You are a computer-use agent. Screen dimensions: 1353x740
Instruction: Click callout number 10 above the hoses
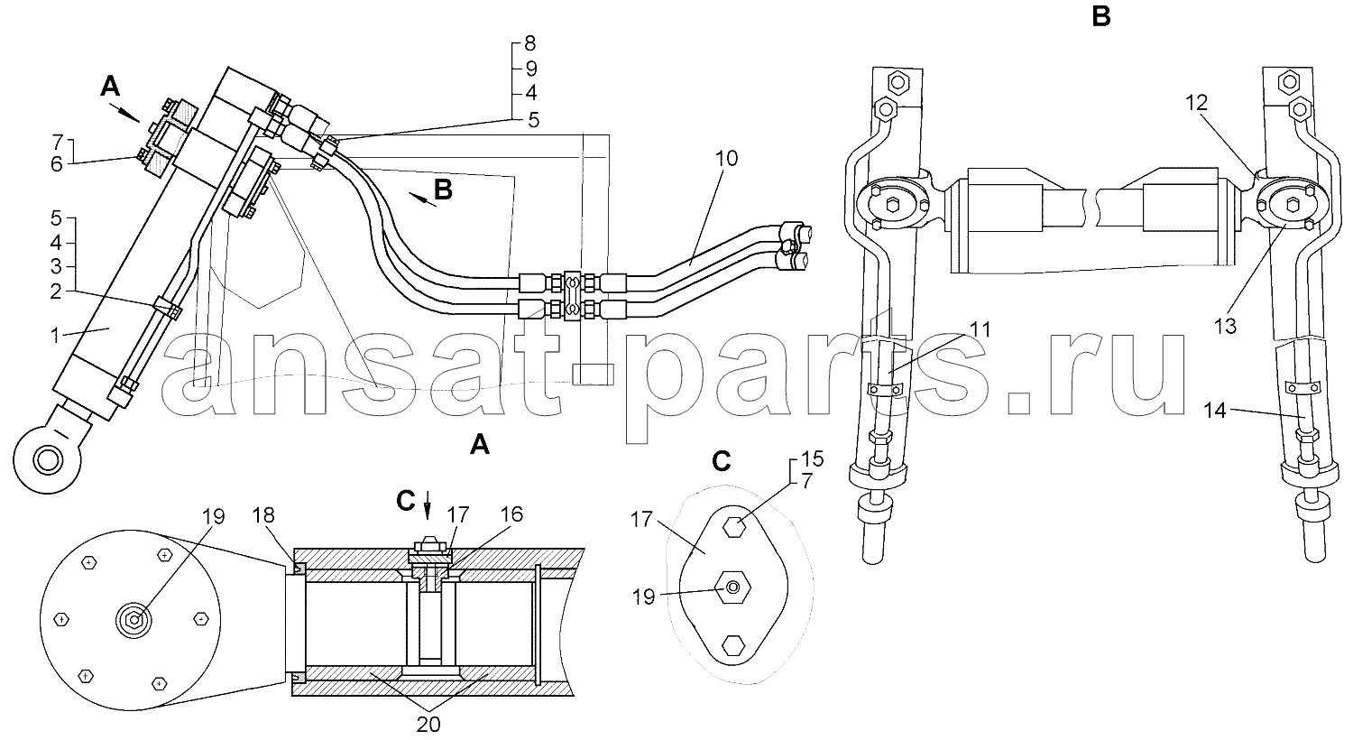[x=727, y=159]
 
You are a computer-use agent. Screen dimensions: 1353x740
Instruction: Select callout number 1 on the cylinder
[x=55, y=336]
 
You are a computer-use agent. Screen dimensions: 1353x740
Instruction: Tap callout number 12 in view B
[x=1196, y=103]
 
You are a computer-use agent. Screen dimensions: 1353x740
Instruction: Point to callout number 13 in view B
[x=1226, y=326]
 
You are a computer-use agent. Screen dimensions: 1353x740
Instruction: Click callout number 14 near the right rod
[x=1215, y=411]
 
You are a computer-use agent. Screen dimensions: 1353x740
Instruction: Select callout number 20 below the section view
[x=428, y=725]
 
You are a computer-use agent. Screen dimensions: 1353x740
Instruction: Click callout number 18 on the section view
[x=263, y=514]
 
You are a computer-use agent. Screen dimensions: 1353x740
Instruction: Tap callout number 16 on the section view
[x=511, y=514]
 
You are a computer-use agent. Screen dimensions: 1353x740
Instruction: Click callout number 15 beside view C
[x=813, y=459]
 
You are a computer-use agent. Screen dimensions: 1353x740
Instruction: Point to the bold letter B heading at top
[x=1101, y=16]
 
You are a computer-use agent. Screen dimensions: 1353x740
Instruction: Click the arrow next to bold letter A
[x=124, y=113]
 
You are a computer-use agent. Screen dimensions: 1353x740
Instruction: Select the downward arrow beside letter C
[x=428, y=505]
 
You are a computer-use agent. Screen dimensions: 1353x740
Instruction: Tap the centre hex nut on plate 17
[x=732, y=587]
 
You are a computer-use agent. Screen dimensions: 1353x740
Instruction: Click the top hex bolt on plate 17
[x=733, y=527]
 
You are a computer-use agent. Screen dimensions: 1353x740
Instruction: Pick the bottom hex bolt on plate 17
[x=733, y=646]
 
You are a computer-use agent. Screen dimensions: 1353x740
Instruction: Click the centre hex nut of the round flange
[x=133, y=620]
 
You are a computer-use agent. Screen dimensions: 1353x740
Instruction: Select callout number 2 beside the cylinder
[x=56, y=292]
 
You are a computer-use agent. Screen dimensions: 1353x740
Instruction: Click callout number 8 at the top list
[x=529, y=43]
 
